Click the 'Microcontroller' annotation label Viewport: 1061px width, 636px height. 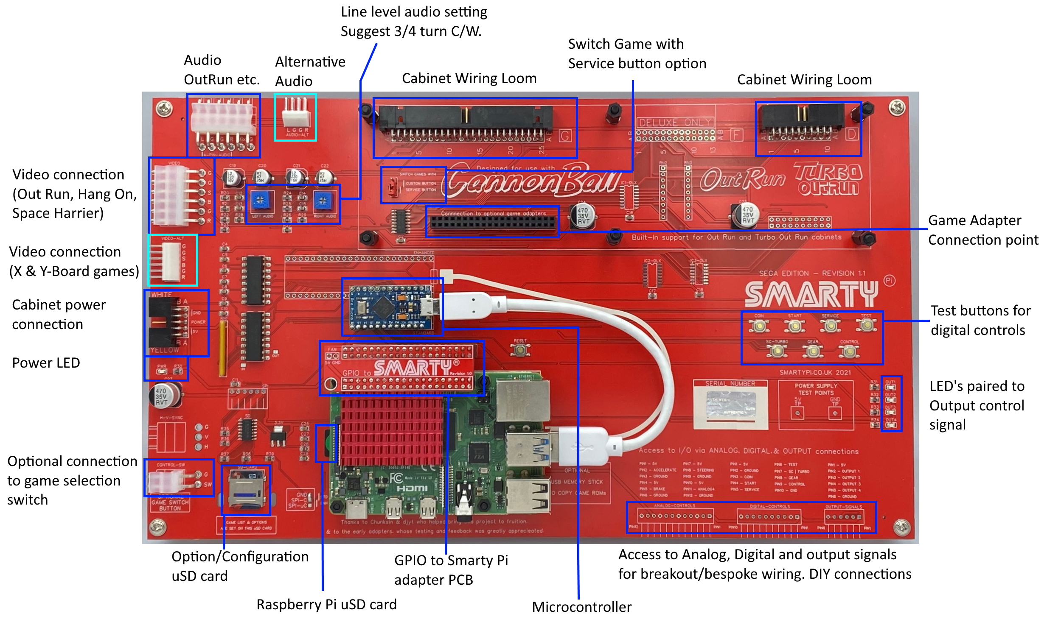click(581, 607)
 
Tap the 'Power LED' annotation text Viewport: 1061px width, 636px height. click(46, 363)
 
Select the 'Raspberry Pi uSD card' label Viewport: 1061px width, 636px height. click(326, 604)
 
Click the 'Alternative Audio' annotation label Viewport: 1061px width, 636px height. click(310, 71)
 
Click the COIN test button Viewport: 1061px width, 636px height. click(759, 326)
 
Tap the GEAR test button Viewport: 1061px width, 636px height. click(812, 352)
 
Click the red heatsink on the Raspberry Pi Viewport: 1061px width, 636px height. click(391, 431)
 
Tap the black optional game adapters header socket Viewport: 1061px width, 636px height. click(492, 223)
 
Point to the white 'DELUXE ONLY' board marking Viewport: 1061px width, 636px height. click(675, 123)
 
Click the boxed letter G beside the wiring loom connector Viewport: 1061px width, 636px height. click(565, 136)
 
